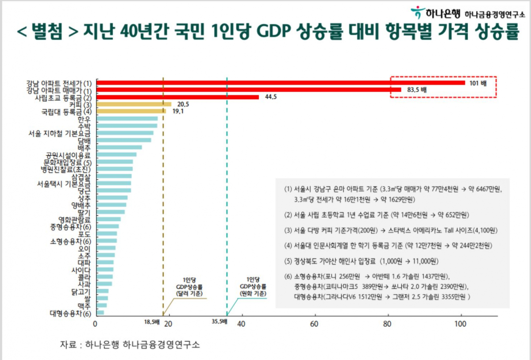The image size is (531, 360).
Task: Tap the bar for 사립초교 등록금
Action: click(x=177, y=97)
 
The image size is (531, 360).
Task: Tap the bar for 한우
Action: click(x=127, y=119)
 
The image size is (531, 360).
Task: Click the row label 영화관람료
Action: click(x=75, y=219)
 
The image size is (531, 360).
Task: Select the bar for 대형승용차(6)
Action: click(x=100, y=313)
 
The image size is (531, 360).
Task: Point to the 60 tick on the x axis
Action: click(x=315, y=324)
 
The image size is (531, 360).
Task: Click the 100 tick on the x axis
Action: click(x=460, y=324)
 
